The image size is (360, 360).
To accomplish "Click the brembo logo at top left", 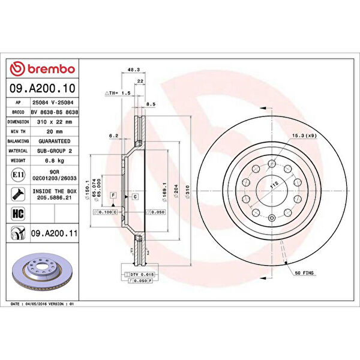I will (43, 70).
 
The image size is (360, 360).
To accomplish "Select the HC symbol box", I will (18, 212).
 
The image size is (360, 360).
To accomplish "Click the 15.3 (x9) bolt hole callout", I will (303, 136).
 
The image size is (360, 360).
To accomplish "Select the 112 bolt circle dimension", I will (274, 187).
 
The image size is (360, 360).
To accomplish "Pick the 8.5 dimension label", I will (151, 104).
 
